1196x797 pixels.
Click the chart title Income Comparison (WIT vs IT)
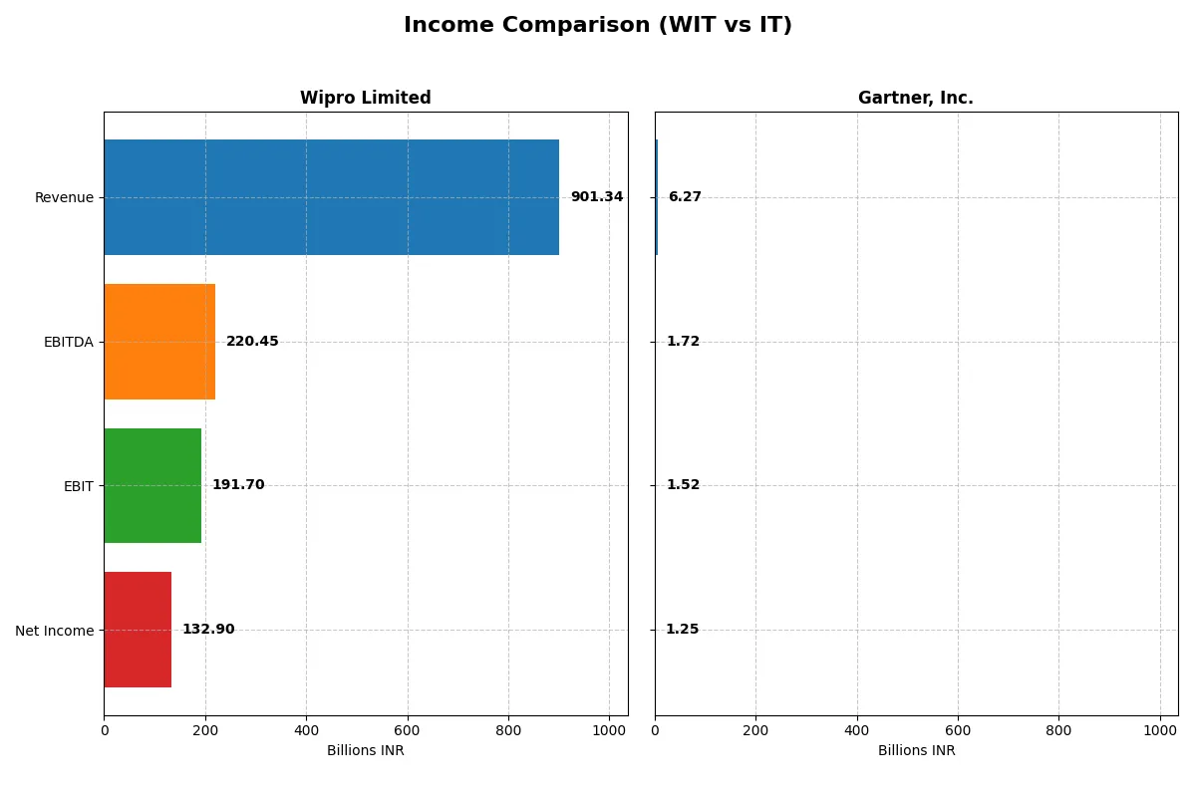[598, 26]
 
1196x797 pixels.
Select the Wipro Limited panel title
[366, 99]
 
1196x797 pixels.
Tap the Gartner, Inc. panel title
[915, 99]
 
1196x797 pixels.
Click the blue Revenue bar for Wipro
[331, 197]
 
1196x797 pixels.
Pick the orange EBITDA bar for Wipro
[159, 342]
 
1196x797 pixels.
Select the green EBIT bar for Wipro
[152, 485]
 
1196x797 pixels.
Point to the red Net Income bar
[138, 630]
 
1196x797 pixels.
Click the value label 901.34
[596, 197]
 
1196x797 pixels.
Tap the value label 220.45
[252, 342]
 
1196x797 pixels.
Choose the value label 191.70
[238, 485]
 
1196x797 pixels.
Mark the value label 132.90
[208, 630]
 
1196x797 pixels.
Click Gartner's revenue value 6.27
[685, 197]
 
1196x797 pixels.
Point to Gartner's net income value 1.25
[682, 630]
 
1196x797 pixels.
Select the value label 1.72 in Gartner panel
[683, 342]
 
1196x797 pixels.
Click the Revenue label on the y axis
[64, 197]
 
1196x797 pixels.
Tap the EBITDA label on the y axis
[68, 342]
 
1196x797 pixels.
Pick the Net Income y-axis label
[54, 631]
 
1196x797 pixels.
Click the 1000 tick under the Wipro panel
[609, 730]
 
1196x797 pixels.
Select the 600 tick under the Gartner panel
[958, 730]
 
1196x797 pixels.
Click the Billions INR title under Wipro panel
[366, 751]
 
